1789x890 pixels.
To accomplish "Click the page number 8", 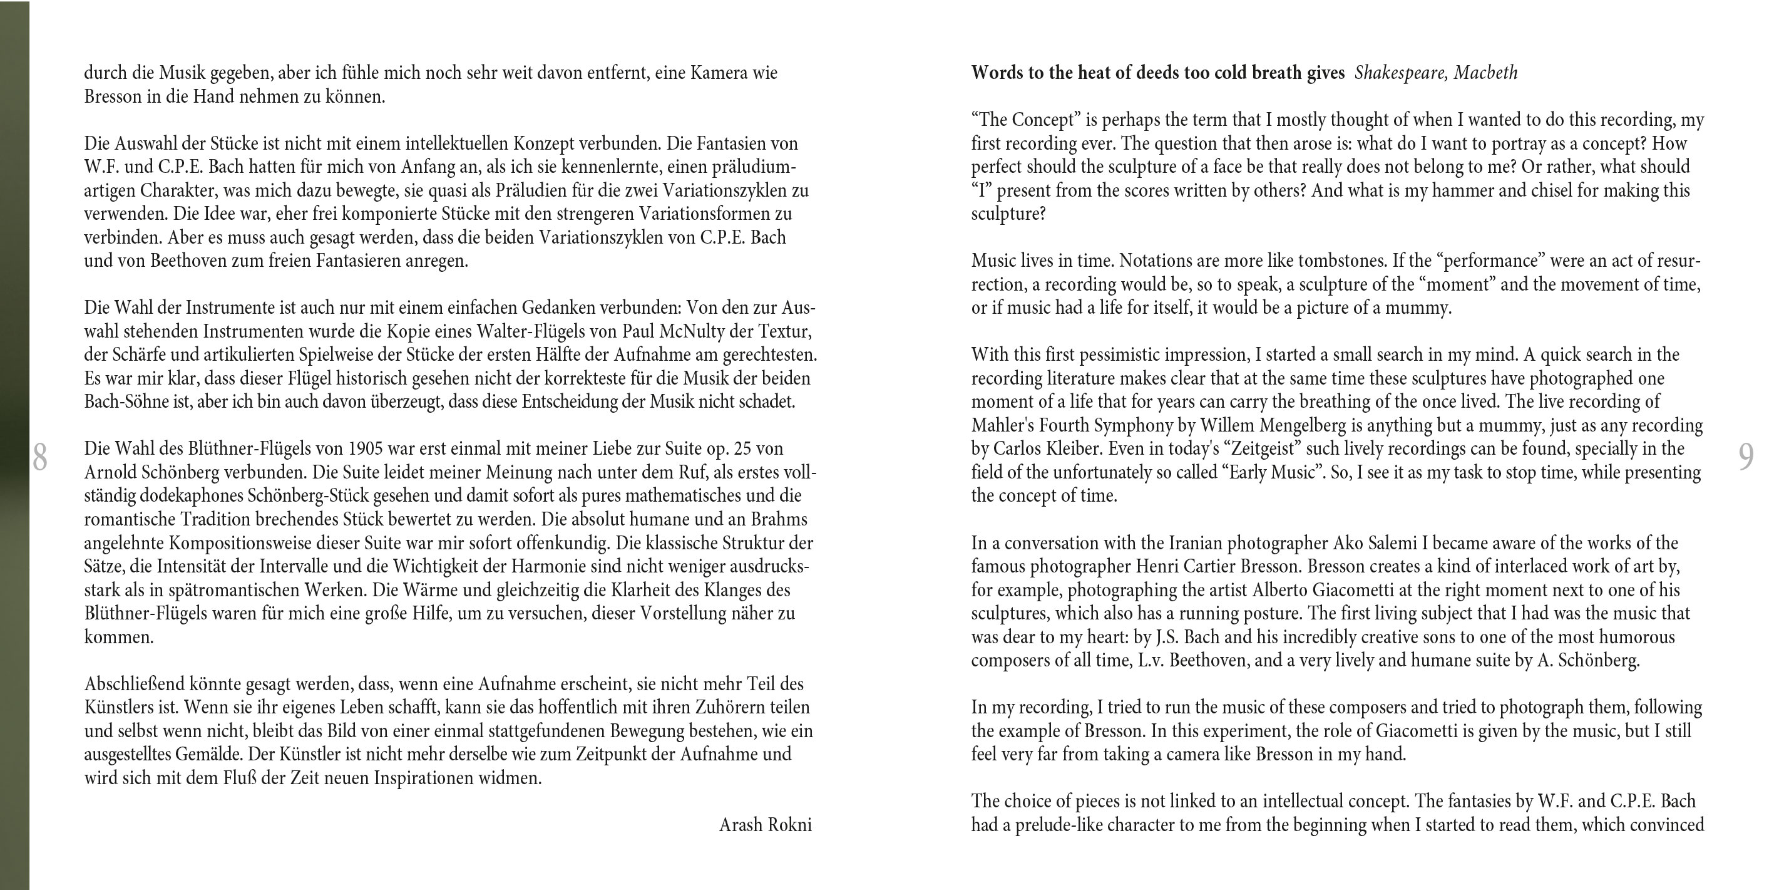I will tap(39, 457).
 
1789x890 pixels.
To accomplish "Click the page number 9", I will tap(1746, 457).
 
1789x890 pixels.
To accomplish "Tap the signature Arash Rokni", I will tap(765, 825).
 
